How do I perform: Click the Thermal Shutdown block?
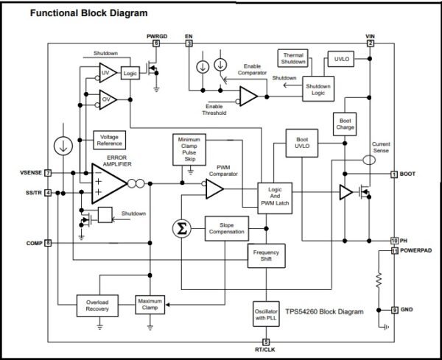click(293, 59)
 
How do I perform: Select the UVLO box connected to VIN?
click(341, 59)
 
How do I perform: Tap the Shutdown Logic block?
click(318, 89)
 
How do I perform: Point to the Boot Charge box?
click(345, 124)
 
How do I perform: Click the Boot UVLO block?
click(302, 143)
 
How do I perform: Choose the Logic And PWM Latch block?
click(275, 198)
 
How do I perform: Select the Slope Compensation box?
click(227, 228)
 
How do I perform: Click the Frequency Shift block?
click(266, 255)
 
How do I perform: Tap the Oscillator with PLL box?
click(266, 314)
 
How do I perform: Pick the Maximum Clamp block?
click(150, 305)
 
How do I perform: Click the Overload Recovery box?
click(97, 306)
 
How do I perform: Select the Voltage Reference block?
click(109, 140)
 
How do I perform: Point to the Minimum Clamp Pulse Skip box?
click(189, 149)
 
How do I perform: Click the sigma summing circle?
click(182, 229)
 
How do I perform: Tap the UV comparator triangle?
click(108, 73)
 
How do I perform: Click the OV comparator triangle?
click(108, 99)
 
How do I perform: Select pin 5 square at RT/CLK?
click(266, 342)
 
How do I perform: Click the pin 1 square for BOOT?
click(394, 174)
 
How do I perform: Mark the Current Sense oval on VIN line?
click(369, 160)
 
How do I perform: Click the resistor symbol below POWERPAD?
click(379, 280)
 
